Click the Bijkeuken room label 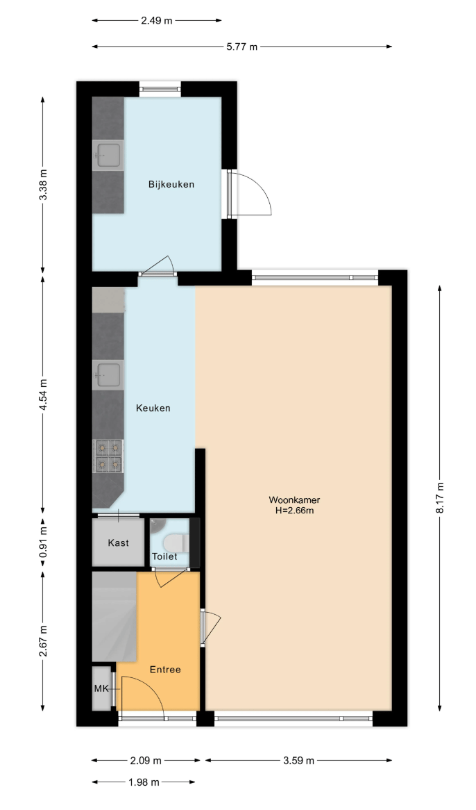pos(171,184)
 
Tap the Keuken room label pos(153,408)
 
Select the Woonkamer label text pos(294,500)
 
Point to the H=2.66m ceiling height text pos(294,511)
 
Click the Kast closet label pos(119,543)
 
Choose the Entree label pos(165,670)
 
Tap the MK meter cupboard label pos(101,688)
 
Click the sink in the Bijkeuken pos(108,155)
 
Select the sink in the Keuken pos(108,375)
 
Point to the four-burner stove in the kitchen pos(108,456)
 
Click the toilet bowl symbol pos(173,543)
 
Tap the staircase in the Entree pos(114,616)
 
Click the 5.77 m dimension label pos(242,47)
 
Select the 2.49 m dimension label pos(157,21)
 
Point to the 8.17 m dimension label pos(440,497)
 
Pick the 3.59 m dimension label pos(298,761)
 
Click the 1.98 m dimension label pos(144,782)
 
